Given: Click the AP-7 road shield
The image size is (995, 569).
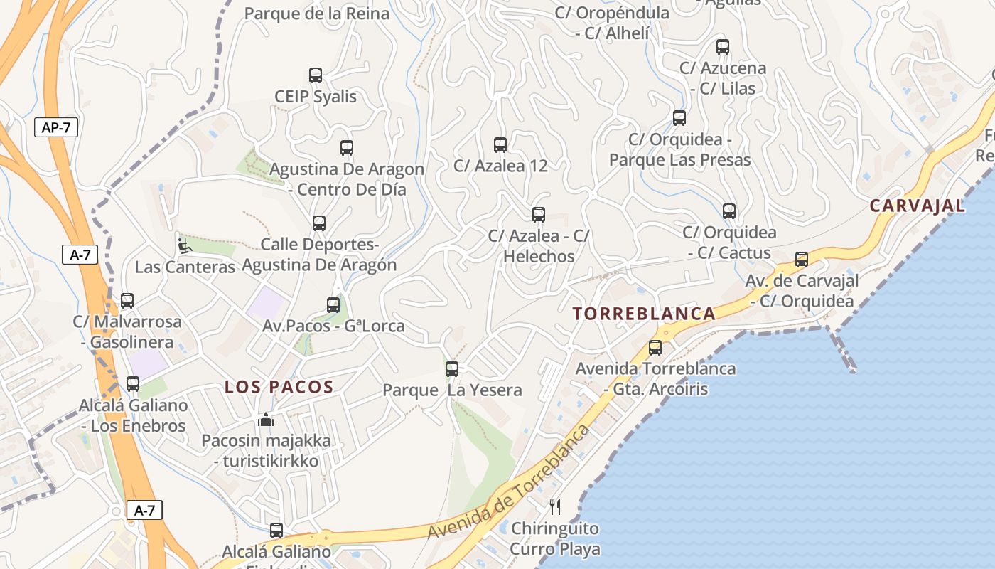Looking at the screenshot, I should [56, 128].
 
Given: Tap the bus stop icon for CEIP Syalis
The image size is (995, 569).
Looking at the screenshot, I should [316, 75].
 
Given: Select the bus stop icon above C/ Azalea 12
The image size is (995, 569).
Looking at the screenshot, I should [500, 145].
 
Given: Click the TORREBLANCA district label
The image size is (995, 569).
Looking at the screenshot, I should [645, 314].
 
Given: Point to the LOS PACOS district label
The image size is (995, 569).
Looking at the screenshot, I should [279, 387].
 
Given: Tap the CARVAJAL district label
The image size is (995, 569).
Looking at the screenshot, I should [918, 206].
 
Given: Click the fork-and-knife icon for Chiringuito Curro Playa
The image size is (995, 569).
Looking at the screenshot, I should [555, 507].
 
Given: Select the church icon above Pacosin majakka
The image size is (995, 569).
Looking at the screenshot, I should [266, 420].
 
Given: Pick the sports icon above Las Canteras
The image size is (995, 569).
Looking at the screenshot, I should [185, 246].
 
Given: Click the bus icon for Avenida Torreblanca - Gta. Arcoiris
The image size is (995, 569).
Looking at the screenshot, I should [655, 348].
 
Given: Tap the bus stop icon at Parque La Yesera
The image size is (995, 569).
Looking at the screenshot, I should [452, 369].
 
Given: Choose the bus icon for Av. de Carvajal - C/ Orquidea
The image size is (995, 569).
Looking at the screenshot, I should [802, 260].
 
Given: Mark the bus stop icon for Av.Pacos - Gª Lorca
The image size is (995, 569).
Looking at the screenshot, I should [333, 305].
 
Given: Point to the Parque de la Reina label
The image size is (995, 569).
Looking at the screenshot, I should [316, 14].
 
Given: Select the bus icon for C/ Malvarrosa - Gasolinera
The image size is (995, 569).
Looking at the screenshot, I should [127, 301].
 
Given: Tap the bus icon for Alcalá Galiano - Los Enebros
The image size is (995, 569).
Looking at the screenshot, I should [133, 384].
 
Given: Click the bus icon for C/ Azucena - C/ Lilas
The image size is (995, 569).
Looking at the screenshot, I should [723, 47].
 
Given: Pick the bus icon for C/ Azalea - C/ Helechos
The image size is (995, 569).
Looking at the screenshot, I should [539, 214].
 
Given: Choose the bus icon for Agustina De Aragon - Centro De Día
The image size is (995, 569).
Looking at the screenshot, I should [347, 148].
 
